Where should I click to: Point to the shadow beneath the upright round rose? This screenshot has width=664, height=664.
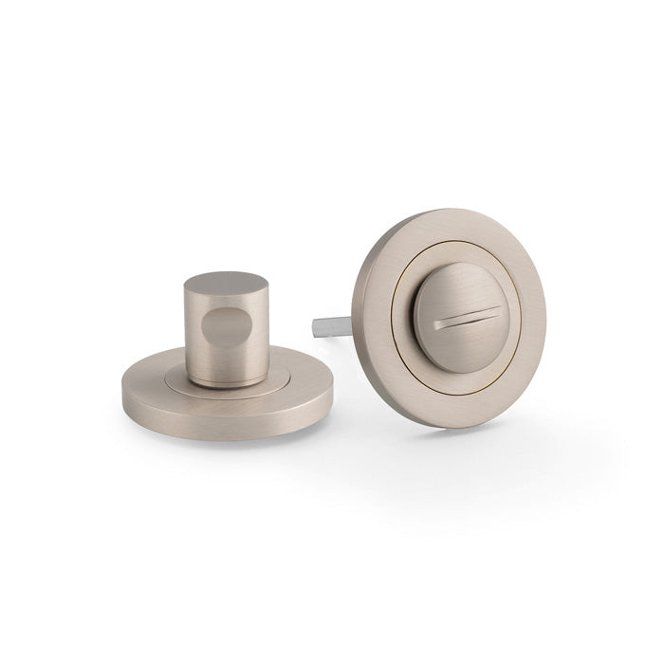pyautogui.click(x=455, y=432)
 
